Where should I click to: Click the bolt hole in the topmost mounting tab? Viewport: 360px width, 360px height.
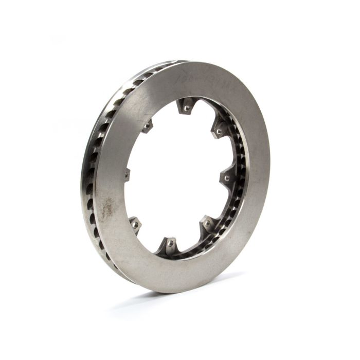pyautogui.click(x=186, y=109)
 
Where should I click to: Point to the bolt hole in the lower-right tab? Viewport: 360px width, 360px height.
pyautogui.click(x=207, y=224)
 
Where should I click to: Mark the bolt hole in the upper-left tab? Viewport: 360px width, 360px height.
pyautogui.click(x=148, y=124)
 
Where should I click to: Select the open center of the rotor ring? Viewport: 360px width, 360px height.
pyautogui.click(x=175, y=175)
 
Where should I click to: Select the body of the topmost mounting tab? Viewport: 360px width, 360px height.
pyautogui.click(x=185, y=104)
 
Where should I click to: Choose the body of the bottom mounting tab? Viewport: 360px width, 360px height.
pyautogui.click(x=169, y=247)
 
